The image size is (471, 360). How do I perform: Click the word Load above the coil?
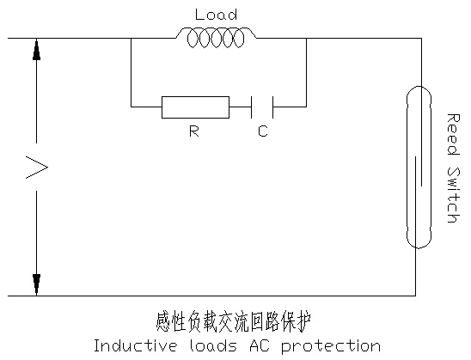click(x=216, y=15)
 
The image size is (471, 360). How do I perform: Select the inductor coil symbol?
click(x=216, y=38)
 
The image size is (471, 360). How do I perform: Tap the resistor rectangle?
click(x=196, y=107)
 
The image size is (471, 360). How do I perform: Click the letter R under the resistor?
click(x=194, y=131)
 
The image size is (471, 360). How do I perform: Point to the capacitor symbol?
click(x=262, y=107)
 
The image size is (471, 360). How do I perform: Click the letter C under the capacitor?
click(x=263, y=131)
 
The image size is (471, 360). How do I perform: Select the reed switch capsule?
click(x=419, y=168)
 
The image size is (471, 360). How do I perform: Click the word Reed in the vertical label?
click(x=453, y=134)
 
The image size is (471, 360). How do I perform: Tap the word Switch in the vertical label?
click(x=453, y=194)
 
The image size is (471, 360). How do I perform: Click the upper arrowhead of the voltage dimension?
click(x=36, y=49)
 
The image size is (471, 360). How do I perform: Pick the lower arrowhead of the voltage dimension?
click(x=36, y=284)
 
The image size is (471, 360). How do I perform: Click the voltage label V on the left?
click(x=37, y=168)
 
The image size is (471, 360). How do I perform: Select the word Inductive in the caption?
click(x=135, y=345)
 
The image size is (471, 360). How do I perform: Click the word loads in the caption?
click(x=213, y=345)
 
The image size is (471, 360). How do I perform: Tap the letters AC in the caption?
click(x=260, y=346)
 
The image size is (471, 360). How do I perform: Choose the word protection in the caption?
click(x=331, y=347)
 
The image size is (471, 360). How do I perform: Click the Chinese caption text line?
click(x=234, y=321)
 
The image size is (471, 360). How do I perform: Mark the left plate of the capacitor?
click(x=252, y=107)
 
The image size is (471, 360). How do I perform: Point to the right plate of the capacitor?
click(x=272, y=107)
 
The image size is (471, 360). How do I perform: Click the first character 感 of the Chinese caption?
click(x=163, y=321)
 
